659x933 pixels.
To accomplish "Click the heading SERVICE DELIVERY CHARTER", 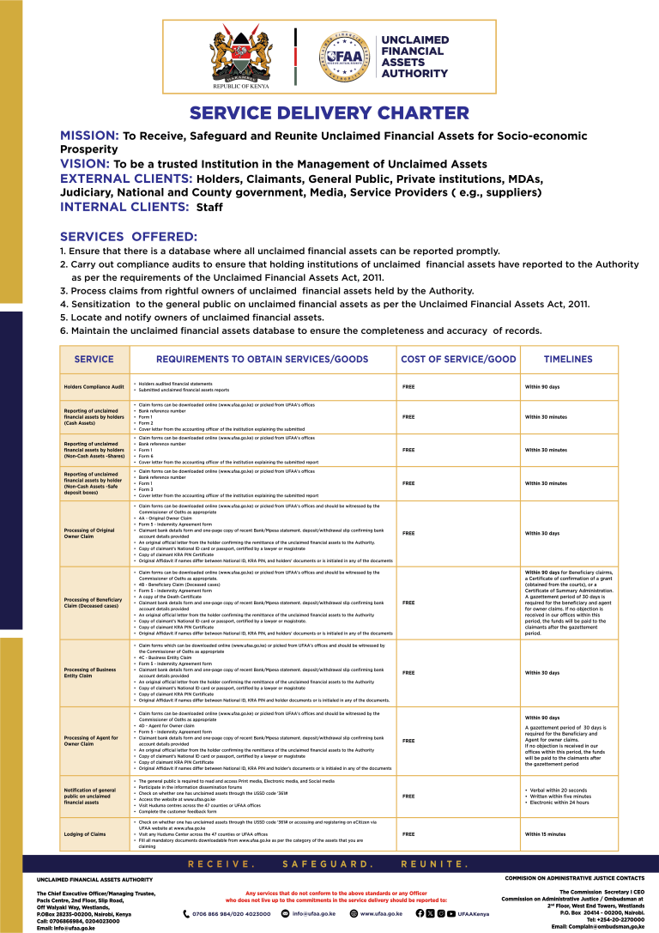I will pyautogui.click(x=329, y=113).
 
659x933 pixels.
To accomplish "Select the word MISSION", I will pyautogui.click(x=88, y=136).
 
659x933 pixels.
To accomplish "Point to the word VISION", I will pyautogui.click(x=84, y=163).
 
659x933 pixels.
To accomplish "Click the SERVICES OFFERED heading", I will pyautogui.click(x=128, y=236).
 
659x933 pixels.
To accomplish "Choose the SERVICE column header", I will pyautogui.click(x=94, y=359).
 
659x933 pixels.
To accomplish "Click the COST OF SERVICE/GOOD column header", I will pyautogui.click(x=458, y=359).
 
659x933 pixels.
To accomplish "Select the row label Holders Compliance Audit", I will pyautogui.click(x=94, y=387).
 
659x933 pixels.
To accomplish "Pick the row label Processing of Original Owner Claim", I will pyautogui.click(x=89, y=533).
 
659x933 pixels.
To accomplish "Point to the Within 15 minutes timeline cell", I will pyautogui.click(x=546, y=833).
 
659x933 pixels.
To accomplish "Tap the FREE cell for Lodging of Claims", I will pyautogui.click(x=408, y=833).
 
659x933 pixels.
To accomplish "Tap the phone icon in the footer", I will pyautogui.click(x=188, y=914).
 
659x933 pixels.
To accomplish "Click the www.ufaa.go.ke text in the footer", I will pyautogui.click(x=381, y=914).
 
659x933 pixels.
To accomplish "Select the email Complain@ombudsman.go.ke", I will pyautogui.click(x=597, y=927).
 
